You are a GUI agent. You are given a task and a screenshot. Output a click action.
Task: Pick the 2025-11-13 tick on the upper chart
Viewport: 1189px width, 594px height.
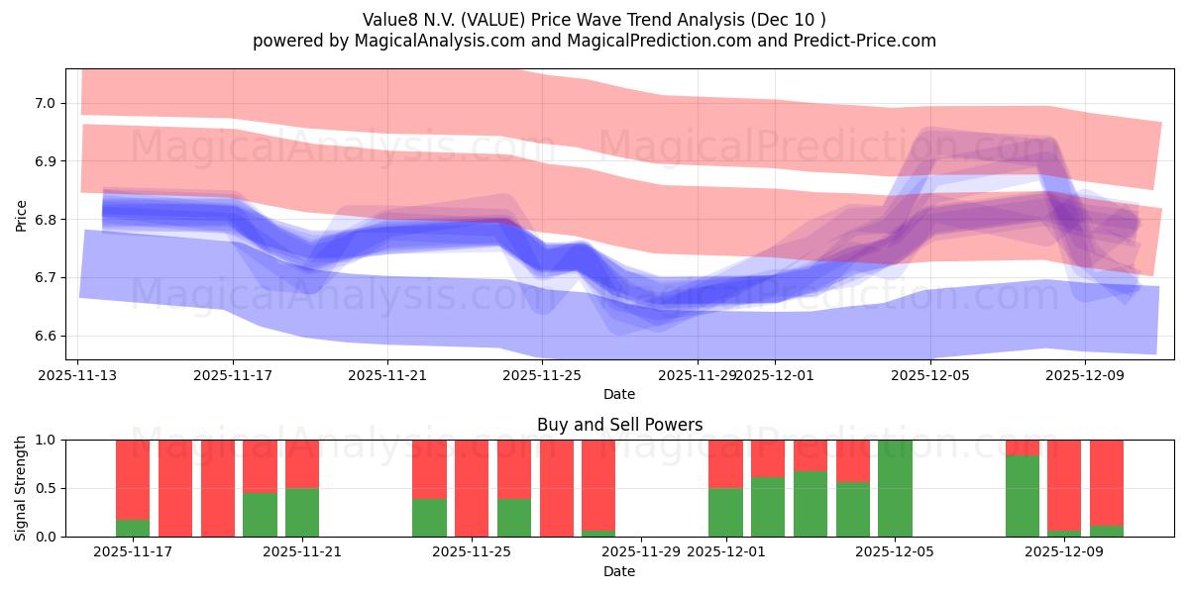pos(78,375)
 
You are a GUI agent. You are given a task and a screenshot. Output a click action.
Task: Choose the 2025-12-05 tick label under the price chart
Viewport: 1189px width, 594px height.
pos(929,375)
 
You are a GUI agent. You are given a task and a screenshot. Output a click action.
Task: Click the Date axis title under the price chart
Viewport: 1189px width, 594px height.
pos(619,394)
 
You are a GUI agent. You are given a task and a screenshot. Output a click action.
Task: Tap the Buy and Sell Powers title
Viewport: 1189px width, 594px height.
pos(619,425)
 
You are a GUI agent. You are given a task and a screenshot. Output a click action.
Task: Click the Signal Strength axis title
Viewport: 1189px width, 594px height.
pos(21,488)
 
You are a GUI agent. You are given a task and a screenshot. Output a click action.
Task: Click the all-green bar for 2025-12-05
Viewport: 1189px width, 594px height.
pos(895,488)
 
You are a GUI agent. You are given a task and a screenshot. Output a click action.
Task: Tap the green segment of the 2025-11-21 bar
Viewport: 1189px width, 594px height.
pos(302,513)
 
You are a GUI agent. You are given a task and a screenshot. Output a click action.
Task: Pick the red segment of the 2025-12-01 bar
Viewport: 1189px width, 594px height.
pos(725,463)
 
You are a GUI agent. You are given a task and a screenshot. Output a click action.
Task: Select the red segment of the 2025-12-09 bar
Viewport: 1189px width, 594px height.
pos(1064,485)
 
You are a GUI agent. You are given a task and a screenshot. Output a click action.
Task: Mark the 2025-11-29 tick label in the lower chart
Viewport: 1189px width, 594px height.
pos(641,552)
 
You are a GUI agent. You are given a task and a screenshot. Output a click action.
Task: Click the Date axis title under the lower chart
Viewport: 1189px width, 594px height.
pos(619,571)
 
